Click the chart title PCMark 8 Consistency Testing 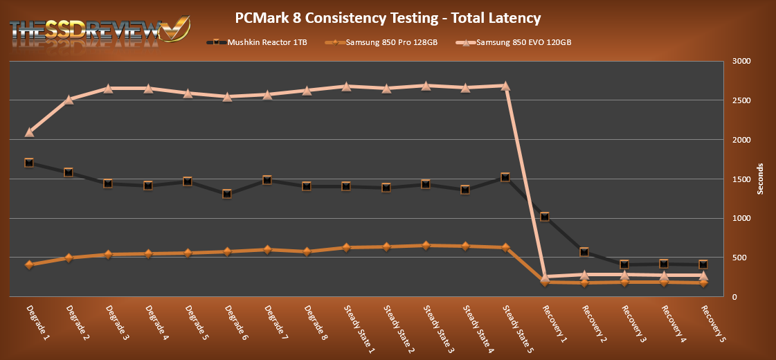point(388,17)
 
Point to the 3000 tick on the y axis point(741,62)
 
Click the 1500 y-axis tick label point(741,179)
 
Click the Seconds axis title point(760,179)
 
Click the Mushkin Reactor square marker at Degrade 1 point(29,163)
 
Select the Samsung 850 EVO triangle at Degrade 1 point(29,132)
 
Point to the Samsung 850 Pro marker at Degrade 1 point(29,264)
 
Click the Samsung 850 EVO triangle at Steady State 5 point(505,86)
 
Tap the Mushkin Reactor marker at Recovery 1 point(545,217)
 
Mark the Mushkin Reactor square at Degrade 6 point(227,194)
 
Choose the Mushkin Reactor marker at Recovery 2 point(584,252)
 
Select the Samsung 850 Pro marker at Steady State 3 point(426,245)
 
